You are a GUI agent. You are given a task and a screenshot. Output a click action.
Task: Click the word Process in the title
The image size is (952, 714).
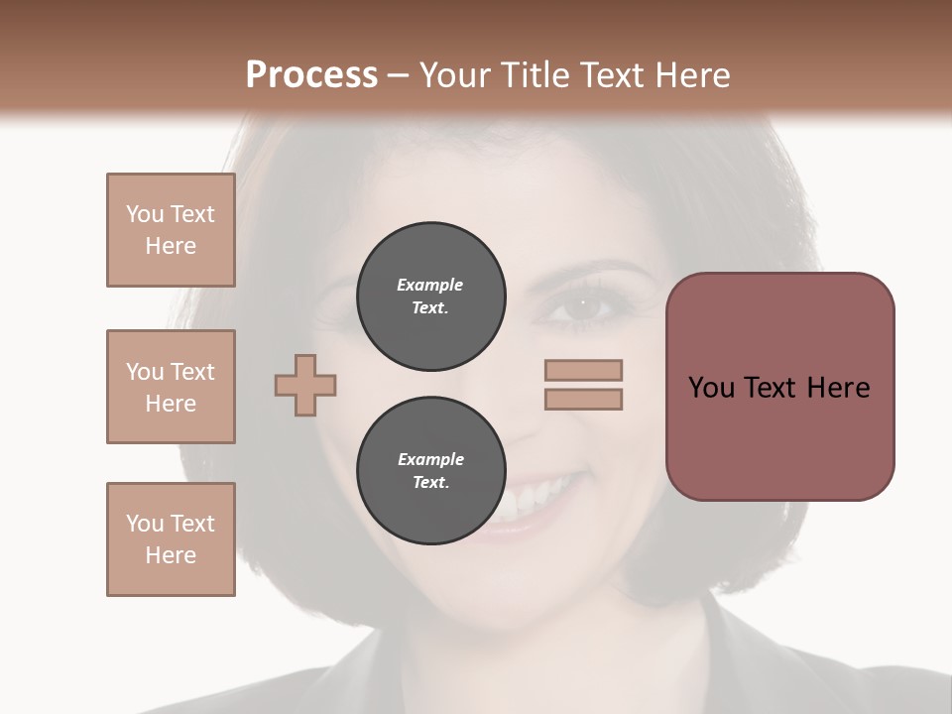click(311, 74)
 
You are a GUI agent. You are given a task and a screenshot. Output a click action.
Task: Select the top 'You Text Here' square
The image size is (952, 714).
click(171, 230)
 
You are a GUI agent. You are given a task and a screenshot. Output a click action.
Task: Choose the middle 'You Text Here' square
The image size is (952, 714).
click(171, 387)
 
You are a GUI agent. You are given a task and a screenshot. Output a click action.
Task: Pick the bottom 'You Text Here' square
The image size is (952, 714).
click(171, 539)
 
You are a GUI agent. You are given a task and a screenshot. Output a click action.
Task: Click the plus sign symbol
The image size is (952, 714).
click(305, 385)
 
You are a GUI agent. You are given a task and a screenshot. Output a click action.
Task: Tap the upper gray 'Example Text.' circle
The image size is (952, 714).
click(430, 297)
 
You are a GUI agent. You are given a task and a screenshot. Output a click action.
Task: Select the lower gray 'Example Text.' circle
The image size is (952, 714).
click(430, 471)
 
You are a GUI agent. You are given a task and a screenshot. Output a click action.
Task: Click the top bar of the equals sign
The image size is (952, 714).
click(583, 370)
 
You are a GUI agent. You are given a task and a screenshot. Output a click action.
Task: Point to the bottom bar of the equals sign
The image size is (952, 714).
click(583, 400)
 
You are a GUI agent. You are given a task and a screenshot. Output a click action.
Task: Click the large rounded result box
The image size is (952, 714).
click(779, 387)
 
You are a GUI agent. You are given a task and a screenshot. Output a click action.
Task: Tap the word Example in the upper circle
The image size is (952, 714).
click(430, 285)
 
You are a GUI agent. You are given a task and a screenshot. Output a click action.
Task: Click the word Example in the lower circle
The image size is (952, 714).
click(430, 459)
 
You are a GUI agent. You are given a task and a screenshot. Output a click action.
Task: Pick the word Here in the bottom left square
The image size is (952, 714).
click(171, 555)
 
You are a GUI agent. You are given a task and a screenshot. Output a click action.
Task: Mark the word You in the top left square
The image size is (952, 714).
click(145, 214)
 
